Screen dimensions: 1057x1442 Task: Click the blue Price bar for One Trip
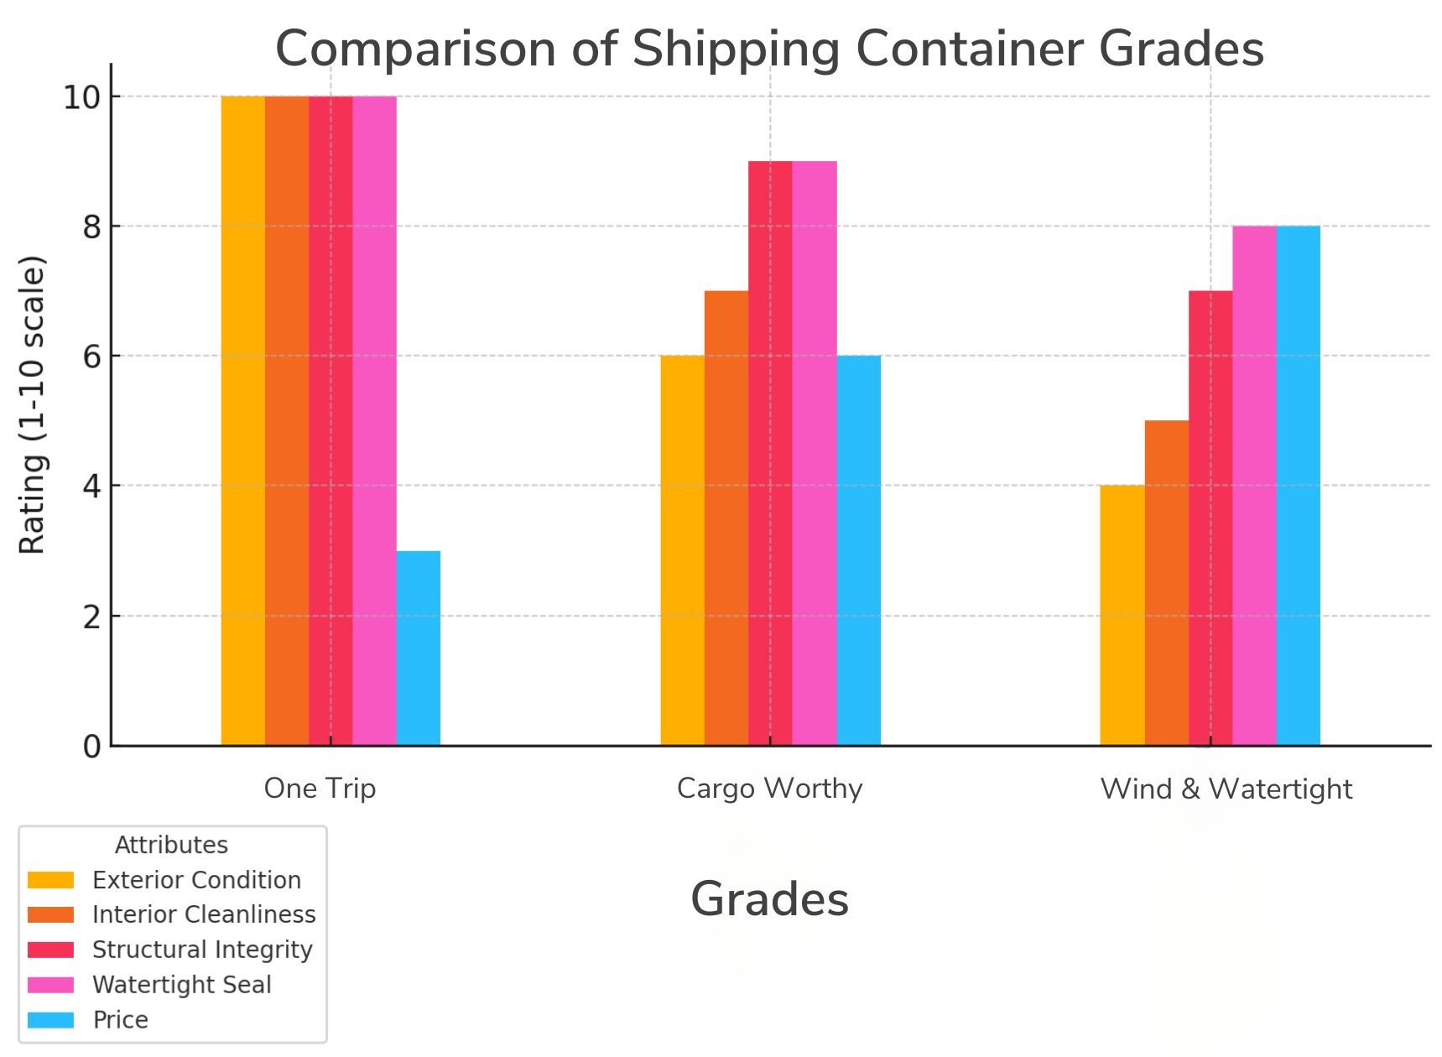coord(418,648)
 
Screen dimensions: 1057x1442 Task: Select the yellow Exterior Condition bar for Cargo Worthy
coord(682,550)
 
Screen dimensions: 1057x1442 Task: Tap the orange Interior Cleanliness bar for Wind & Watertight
coord(1166,582)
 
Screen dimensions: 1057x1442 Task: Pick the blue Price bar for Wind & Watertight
coord(1298,485)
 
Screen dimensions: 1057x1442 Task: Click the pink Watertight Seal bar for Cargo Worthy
coord(814,453)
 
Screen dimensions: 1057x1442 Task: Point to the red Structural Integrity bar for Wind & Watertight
coord(1210,518)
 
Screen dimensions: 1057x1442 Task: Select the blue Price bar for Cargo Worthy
coord(858,550)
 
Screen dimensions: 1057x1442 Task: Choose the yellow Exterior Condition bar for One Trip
coord(242,420)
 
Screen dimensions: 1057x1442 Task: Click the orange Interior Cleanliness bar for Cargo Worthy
coord(726,518)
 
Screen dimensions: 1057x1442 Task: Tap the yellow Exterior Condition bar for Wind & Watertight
coord(1122,615)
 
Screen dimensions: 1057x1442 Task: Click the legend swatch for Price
coord(50,1020)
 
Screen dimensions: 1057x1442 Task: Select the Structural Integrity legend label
coord(202,950)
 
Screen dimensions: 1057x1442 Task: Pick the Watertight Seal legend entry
coord(181,985)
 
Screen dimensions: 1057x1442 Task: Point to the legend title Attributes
coord(171,845)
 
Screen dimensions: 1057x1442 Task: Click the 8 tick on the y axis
coord(91,227)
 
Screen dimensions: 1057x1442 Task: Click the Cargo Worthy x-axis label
coord(769,789)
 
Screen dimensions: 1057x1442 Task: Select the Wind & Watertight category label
coord(1226,789)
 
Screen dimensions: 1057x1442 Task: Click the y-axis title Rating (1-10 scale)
coord(33,404)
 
